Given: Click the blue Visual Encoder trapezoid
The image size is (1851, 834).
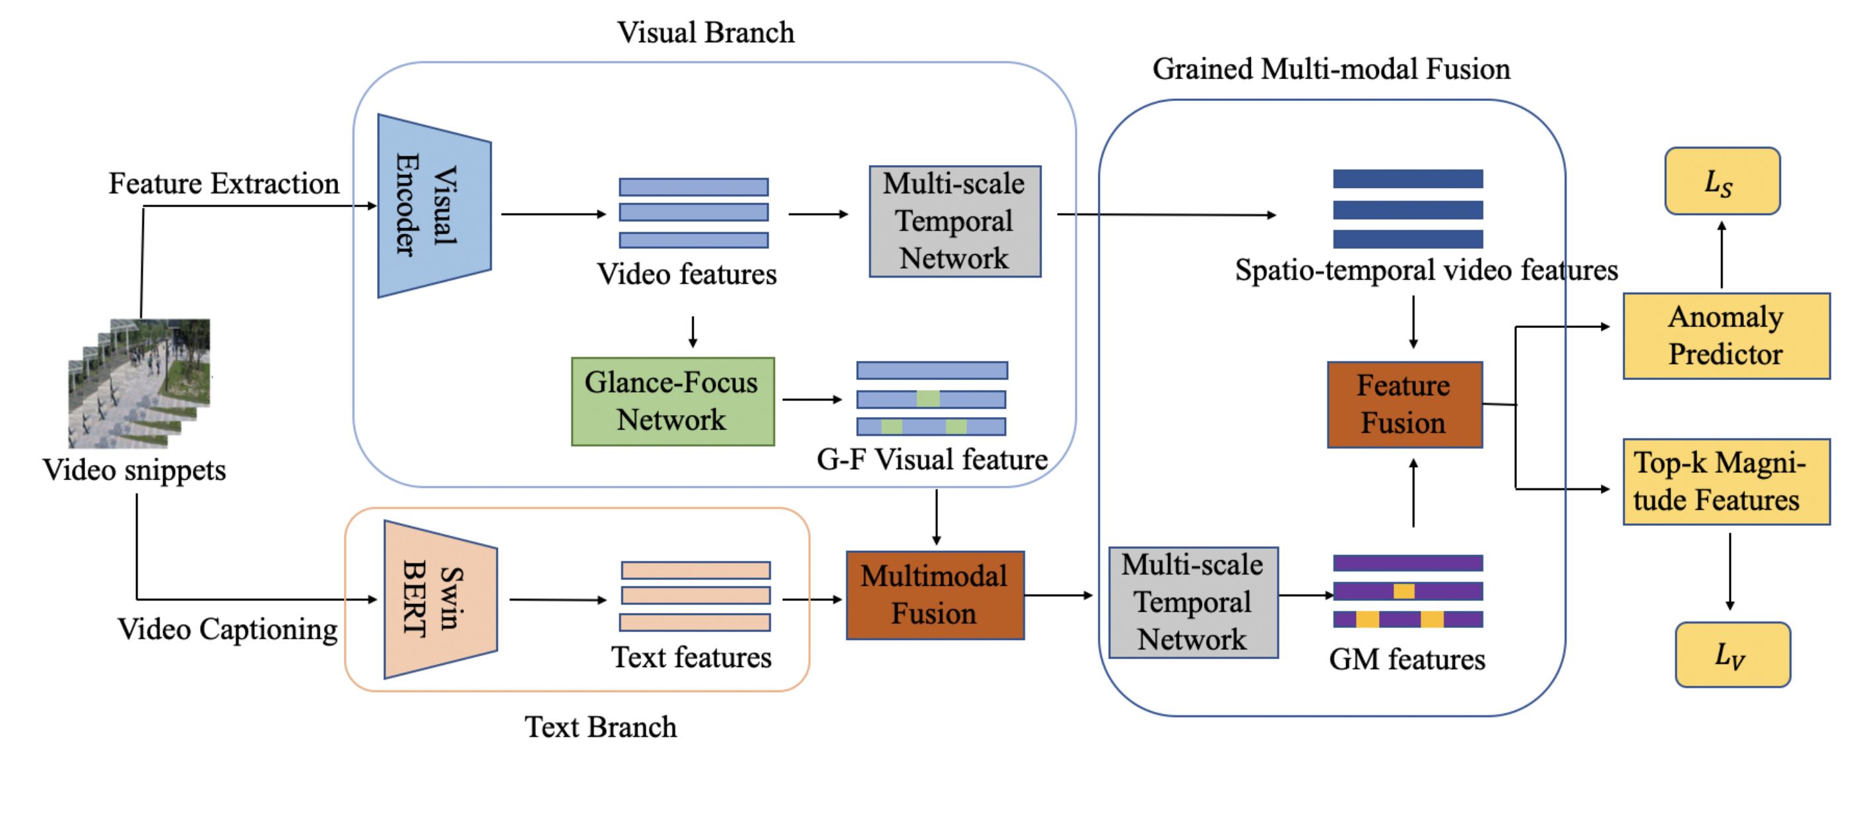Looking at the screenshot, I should [x=434, y=205].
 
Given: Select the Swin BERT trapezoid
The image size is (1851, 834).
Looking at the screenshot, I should [x=440, y=599].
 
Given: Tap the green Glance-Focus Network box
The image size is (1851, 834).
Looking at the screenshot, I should [x=673, y=402].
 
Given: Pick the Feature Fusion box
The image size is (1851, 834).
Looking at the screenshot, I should [x=1404, y=405].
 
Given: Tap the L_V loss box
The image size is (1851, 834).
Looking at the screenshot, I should [x=1732, y=655].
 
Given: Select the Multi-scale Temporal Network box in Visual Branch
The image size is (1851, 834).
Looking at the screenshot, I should [x=955, y=221].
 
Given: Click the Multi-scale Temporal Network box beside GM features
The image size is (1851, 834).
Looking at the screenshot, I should [x=1193, y=602].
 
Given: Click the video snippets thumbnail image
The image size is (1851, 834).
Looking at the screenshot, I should [x=139, y=383].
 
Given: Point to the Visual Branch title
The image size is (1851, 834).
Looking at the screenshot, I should [x=706, y=33].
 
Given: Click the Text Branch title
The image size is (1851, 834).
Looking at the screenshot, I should [x=601, y=727].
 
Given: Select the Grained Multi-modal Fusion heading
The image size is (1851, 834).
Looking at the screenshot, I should [x=1331, y=70].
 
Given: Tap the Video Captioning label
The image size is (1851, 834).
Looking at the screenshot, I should [x=228, y=629].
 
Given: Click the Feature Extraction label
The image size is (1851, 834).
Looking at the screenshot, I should [x=224, y=184].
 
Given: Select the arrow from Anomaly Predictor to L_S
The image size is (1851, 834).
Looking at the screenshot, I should [x=1722, y=255].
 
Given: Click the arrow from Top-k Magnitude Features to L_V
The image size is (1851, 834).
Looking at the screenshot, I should [x=1730, y=572].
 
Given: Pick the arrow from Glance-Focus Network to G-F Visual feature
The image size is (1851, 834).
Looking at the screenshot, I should [x=812, y=399].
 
